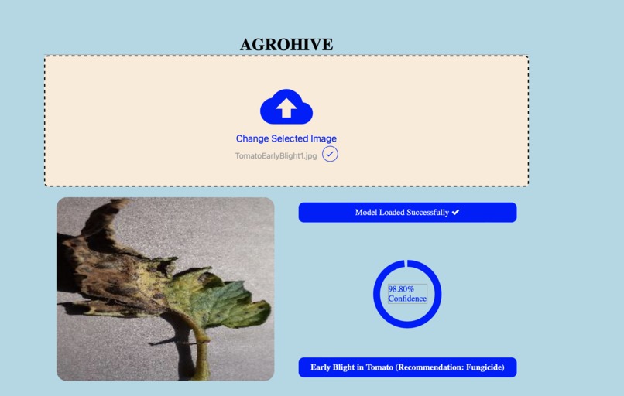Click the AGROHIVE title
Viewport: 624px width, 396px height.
[x=286, y=45]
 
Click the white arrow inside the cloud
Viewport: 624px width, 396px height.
[x=286, y=107]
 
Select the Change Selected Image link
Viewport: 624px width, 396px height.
[x=286, y=138]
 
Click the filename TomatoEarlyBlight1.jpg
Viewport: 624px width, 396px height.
[x=276, y=155]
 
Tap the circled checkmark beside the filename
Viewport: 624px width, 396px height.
[x=331, y=154]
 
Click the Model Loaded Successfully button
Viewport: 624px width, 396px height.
[x=407, y=213]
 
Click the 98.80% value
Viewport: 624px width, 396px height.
[x=401, y=288]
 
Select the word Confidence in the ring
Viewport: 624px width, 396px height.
[x=407, y=299]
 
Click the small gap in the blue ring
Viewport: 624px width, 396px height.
[x=403, y=263]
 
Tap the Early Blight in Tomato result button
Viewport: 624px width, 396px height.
[x=407, y=367]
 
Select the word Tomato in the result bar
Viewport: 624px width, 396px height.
[x=378, y=367]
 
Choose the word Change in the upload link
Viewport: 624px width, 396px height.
[x=252, y=138]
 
